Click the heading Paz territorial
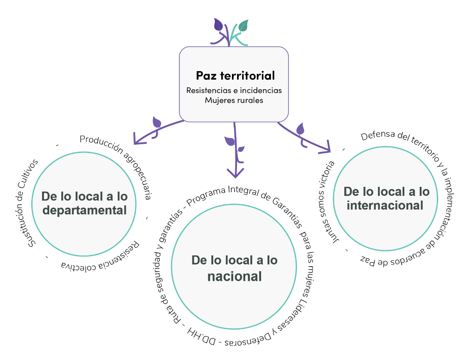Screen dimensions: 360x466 click(x=235, y=76)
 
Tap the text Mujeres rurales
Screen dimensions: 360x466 click(x=234, y=100)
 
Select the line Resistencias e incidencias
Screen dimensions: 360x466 click(x=234, y=91)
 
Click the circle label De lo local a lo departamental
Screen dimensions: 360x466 click(x=84, y=204)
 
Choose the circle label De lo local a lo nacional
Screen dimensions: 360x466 click(x=234, y=268)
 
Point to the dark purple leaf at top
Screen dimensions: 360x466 click(x=219, y=25)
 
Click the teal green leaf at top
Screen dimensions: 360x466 click(x=243, y=26)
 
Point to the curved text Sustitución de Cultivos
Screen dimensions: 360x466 click(x=33, y=201)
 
